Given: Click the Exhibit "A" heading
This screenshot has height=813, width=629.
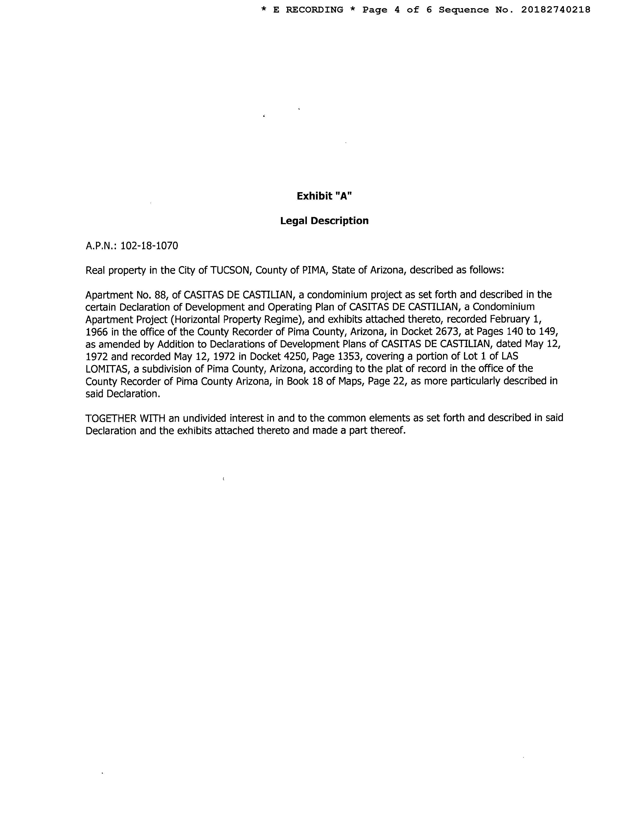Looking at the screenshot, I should (324, 196).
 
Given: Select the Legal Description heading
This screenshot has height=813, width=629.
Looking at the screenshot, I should (324, 221).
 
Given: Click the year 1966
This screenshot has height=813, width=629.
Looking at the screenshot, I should (96, 332).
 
